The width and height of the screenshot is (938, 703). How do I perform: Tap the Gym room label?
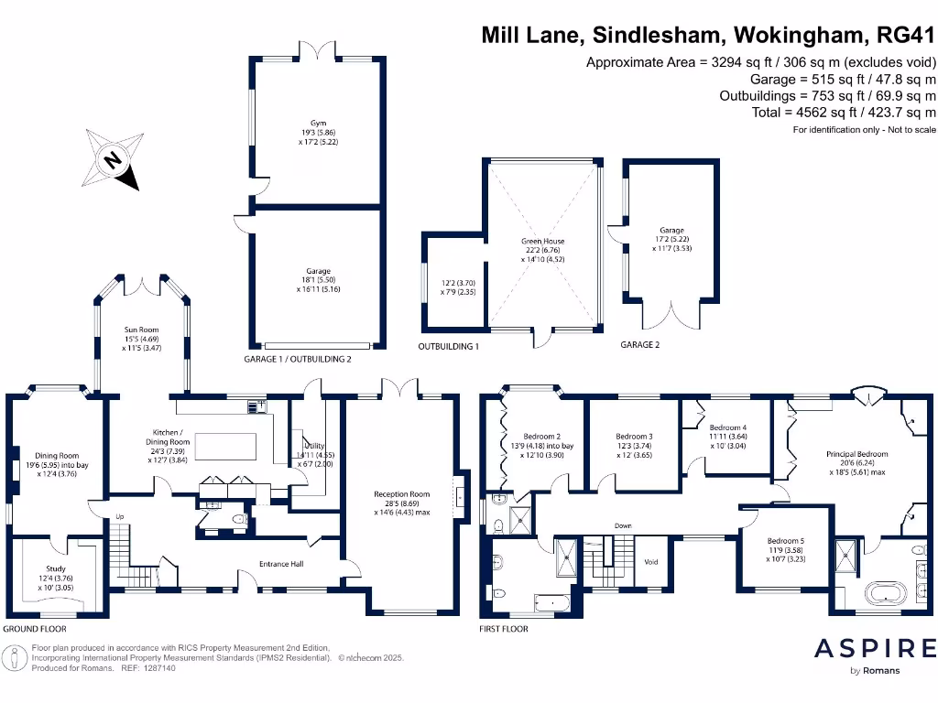[318, 122]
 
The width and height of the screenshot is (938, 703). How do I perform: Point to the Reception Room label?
[401, 494]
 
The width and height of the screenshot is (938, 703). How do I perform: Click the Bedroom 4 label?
[728, 427]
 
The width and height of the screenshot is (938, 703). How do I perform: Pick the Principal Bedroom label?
[856, 454]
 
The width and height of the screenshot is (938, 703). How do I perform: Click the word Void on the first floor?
[651, 561]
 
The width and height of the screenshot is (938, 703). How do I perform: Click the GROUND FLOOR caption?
[35, 629]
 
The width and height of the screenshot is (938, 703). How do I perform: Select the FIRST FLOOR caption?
[504, 629]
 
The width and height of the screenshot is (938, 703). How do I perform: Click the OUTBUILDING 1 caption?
[449, 347]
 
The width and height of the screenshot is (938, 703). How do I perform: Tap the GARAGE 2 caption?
[640, 345]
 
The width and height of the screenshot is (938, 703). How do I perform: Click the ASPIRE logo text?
[876, 648]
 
